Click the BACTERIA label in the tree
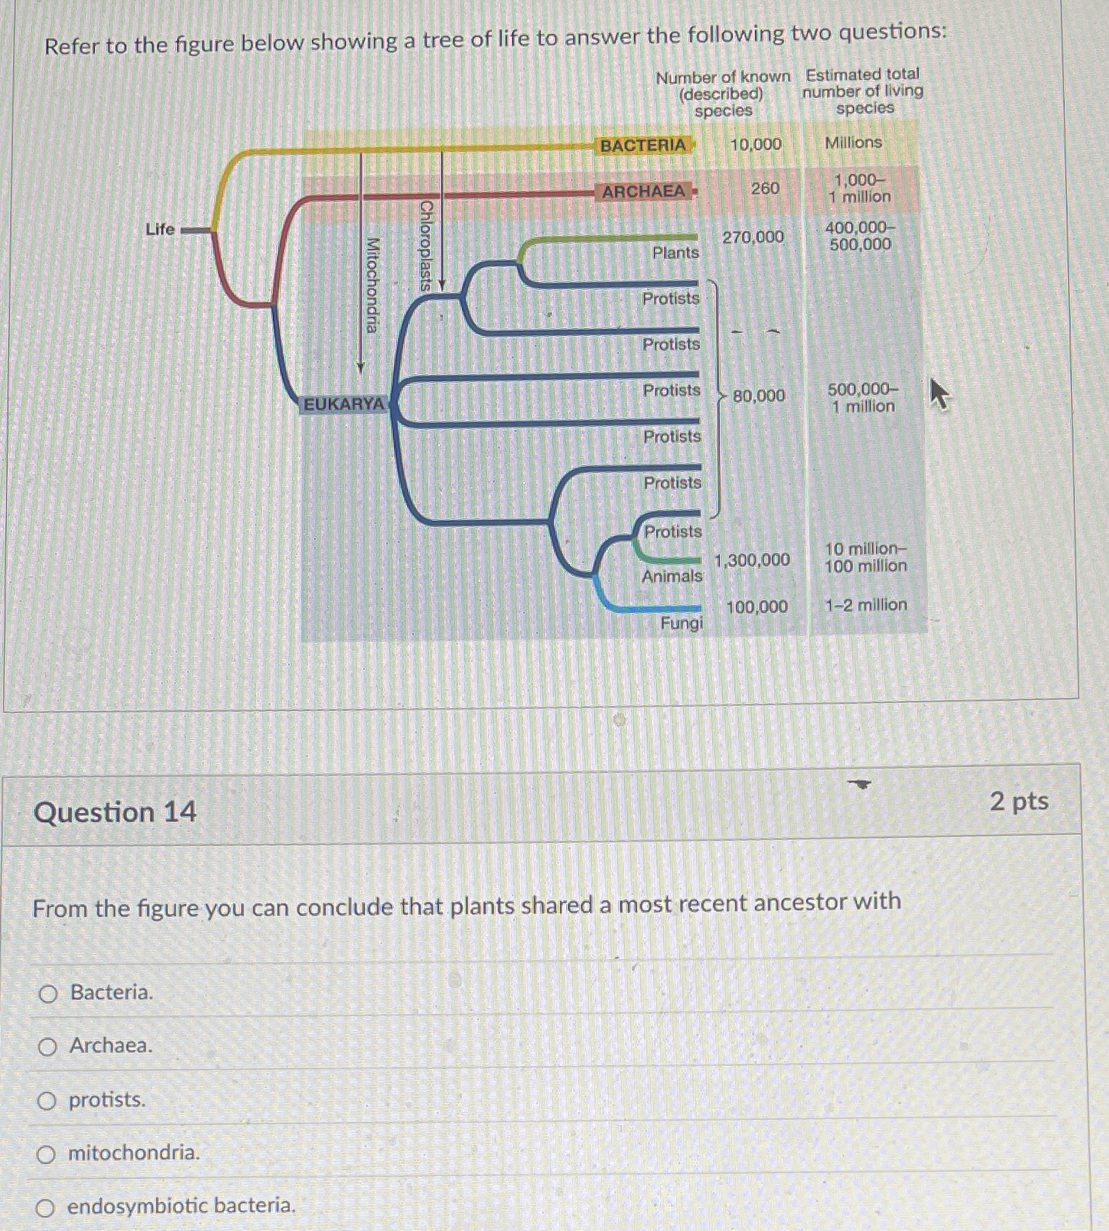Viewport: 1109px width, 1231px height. click(643, 146)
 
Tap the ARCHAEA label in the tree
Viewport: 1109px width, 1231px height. click(644, 192)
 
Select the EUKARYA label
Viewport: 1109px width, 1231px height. click(344, 405)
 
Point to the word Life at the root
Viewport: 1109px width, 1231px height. click(160, 229)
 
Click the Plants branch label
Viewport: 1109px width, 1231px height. click(675, 253)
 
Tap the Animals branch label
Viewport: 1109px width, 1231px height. click(672, 576)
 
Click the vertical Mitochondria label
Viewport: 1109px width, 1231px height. click(372, 286)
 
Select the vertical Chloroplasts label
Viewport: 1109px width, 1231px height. click(426, 245)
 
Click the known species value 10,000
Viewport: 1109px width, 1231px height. click(755, 144)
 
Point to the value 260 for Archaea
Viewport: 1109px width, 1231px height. click(765, 189)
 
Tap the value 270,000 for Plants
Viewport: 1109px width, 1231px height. click(753, 237)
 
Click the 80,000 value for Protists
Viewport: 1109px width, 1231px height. click(758, 396)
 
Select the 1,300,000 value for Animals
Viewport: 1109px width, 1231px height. click(752, 560)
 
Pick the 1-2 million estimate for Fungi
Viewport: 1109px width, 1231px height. click(866, 605)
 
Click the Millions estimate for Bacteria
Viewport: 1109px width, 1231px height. click(853, 143)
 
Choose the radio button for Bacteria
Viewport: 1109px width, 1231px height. click(48, 994)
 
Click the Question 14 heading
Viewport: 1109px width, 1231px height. click(115, 813)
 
